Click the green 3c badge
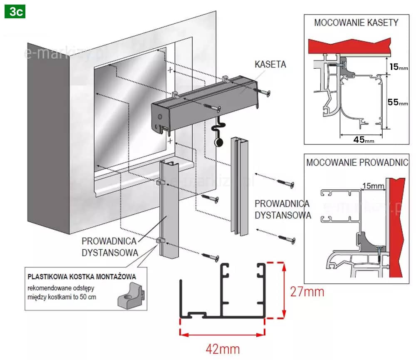point(15,11)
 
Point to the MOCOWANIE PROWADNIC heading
point(357,162)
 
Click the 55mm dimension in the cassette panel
point(397,102)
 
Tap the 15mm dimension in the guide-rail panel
point(371,186)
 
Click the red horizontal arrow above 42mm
point(222,333)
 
